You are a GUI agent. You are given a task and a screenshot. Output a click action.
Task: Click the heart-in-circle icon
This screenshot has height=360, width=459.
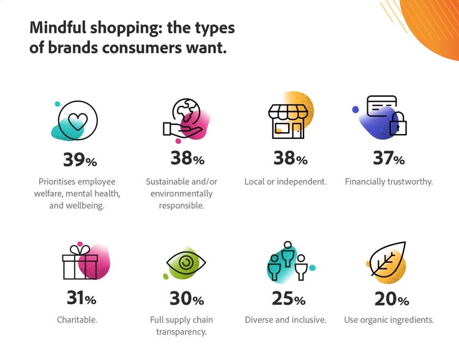pyautogui.click(x=77, y=122)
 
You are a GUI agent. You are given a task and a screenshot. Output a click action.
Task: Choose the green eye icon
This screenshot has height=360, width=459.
pyautogui.click(x=186, y=264)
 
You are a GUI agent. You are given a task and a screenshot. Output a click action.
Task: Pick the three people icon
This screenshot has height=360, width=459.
pyautogui.click(x=286, y=262)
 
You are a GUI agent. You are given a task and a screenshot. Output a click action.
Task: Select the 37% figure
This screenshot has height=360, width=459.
pyautogui.click(x=389, y=159)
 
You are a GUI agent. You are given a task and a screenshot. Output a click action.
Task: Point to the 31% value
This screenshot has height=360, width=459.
pyautogui.click(x=80, y=299)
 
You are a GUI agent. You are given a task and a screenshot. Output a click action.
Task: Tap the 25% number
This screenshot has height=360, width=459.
pyautogui.click(x=288, y=299)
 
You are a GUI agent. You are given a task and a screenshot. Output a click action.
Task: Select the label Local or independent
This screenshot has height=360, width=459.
pyautogui.click(x=285, y=182)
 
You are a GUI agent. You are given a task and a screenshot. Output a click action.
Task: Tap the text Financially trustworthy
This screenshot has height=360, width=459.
pyautogui.click(x=389, y=182)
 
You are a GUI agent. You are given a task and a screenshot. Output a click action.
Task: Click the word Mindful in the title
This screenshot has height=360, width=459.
pyautogui.click(x=58, y=28)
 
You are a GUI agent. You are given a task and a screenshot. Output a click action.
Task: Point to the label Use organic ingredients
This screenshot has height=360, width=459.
pyautogui.click(x=389, y=320)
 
